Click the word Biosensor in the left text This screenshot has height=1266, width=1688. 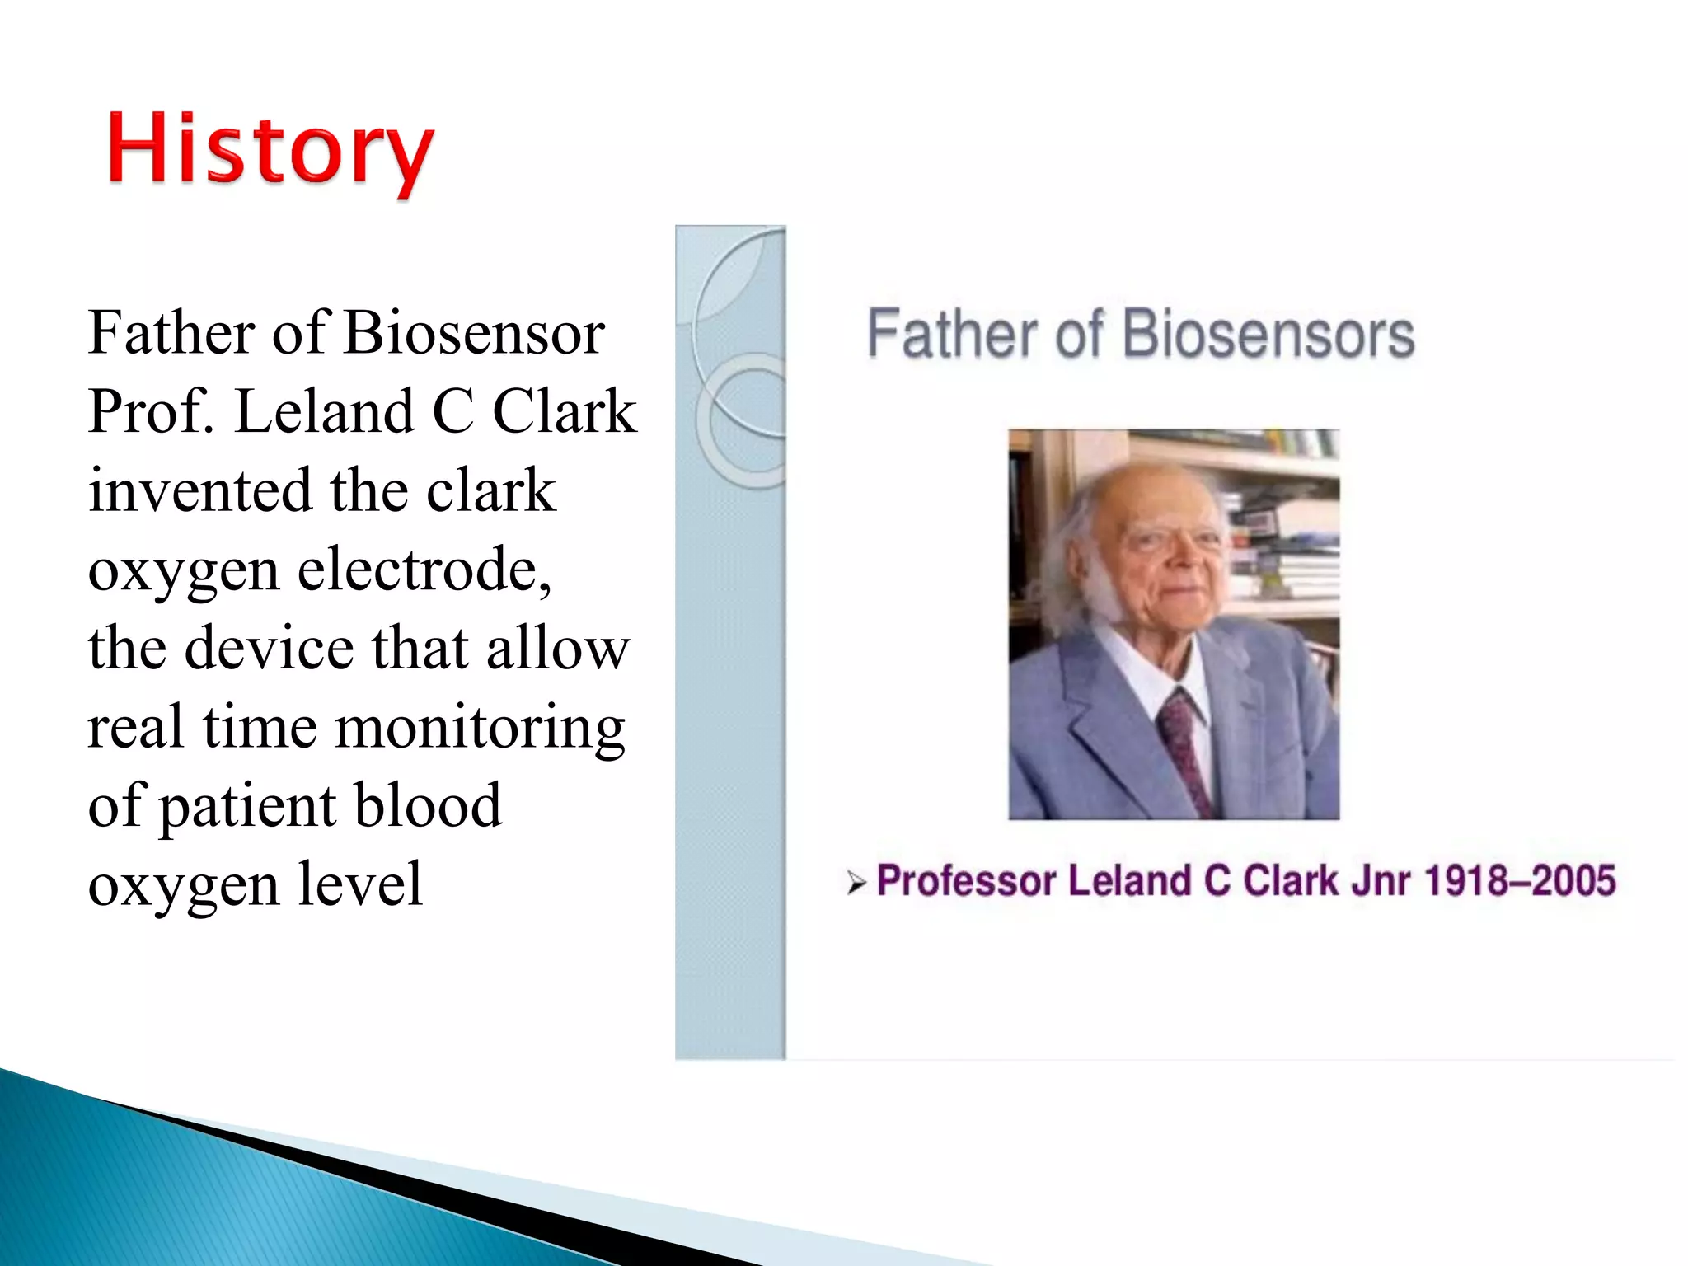tap(474, 333)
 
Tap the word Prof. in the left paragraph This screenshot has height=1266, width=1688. tap(151, 411)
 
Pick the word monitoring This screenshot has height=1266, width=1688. tap(481, 729)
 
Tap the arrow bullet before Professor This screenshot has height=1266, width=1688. tap(856, 884)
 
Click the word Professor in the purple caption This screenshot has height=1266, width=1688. tap(965, 881)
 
